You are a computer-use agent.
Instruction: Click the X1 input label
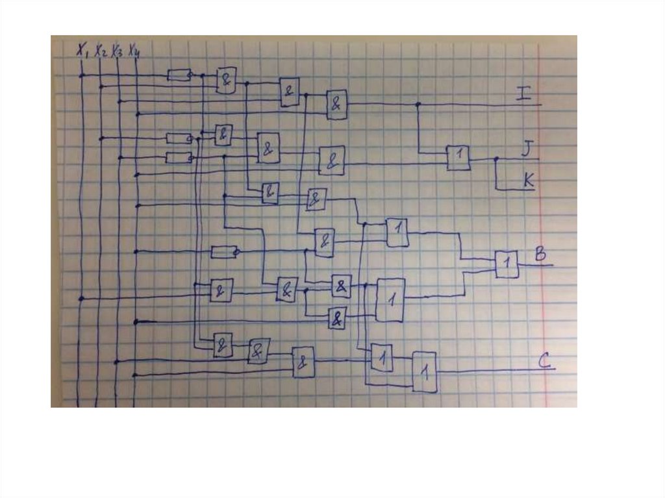(x=82, y=49)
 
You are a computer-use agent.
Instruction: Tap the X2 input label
(x=100, y=51)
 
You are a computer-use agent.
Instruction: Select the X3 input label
(x=117, y=51)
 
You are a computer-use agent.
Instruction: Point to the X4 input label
(x=134, y=51)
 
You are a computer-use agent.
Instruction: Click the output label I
(x=523, y=93)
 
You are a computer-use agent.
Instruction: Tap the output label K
(x=529, y=181)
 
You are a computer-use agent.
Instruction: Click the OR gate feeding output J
(x=458, y=158)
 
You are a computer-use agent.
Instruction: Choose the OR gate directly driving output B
(x=507, y=264)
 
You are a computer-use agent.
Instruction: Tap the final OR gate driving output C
(x=425, y=371)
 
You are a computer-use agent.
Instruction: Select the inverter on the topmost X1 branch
(x=178, y=75)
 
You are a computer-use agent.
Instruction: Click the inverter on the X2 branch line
(x=178, y=138)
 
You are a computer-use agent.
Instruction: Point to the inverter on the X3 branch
(x=178, y=157)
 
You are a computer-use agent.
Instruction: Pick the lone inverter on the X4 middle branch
(x=224, y=251)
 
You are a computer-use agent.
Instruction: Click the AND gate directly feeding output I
(x=336, y=104)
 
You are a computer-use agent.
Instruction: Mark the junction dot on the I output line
(x=418, y=104)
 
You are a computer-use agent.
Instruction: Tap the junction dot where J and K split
(x=496, y=158)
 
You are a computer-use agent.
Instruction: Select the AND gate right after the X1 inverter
(x=226, y=80)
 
